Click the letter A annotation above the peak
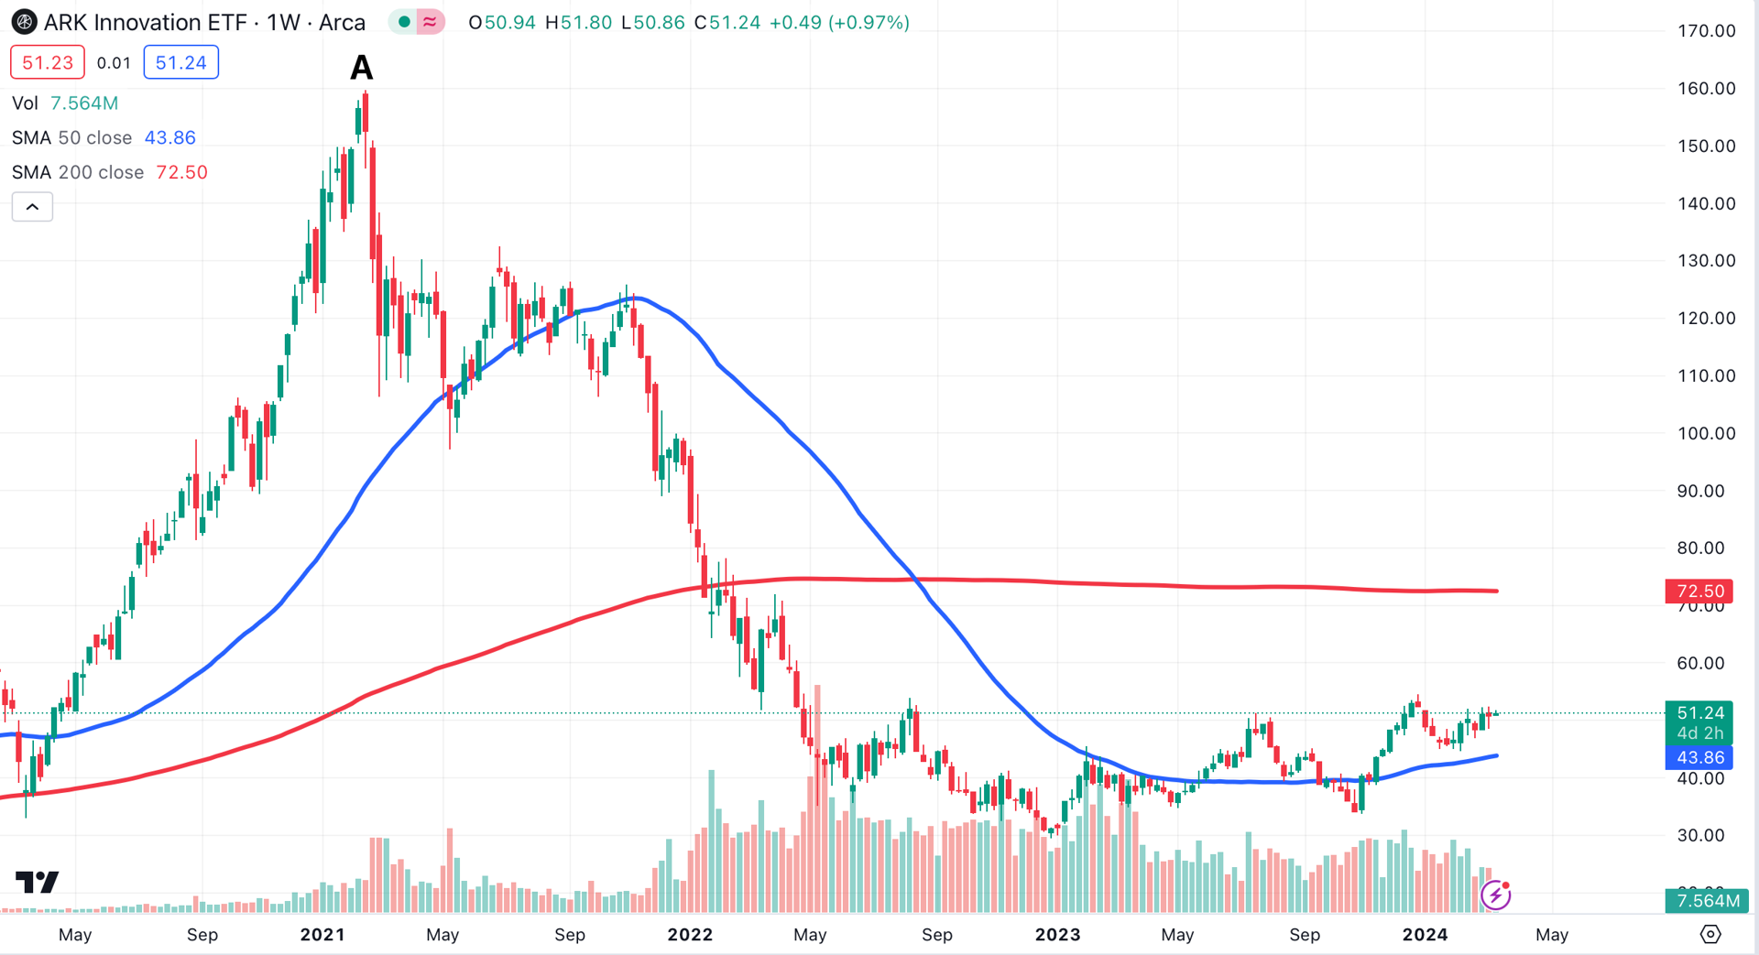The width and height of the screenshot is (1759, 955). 362,67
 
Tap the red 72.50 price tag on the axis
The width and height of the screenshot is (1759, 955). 1699,591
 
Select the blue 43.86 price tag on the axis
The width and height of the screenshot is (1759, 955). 1699,757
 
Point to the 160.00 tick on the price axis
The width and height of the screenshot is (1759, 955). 1706,89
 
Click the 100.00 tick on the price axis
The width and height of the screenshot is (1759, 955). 1706,433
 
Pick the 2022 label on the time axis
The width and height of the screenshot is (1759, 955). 690,935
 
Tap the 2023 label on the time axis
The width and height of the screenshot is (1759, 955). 1057,935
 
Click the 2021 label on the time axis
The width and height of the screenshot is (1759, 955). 322,935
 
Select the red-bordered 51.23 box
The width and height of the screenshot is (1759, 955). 48,62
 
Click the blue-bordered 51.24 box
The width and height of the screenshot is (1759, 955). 180,62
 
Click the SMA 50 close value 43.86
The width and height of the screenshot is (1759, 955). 170,137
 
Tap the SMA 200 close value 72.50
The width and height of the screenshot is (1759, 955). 181,172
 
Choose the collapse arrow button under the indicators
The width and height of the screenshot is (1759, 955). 32,207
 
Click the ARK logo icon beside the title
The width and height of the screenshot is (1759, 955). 24,22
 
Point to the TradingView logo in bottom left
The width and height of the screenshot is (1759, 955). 38,882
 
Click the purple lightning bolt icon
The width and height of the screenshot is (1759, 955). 1496,895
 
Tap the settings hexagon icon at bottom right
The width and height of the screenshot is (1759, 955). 1710,934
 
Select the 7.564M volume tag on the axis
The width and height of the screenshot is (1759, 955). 1707,901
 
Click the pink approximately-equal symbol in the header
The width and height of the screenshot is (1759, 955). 430,22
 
